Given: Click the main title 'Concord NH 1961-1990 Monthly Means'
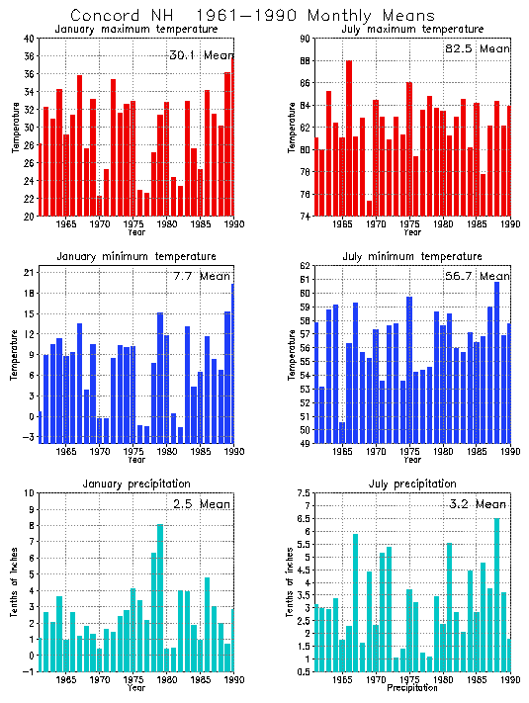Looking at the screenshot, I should [252, 15].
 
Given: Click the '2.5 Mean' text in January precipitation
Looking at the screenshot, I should [199, 503].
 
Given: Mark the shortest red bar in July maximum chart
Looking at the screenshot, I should [369, 209].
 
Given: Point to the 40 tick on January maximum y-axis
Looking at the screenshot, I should [30, 39].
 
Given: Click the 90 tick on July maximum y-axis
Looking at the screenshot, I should [307, 39].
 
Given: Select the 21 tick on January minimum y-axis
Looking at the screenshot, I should [30, 271].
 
